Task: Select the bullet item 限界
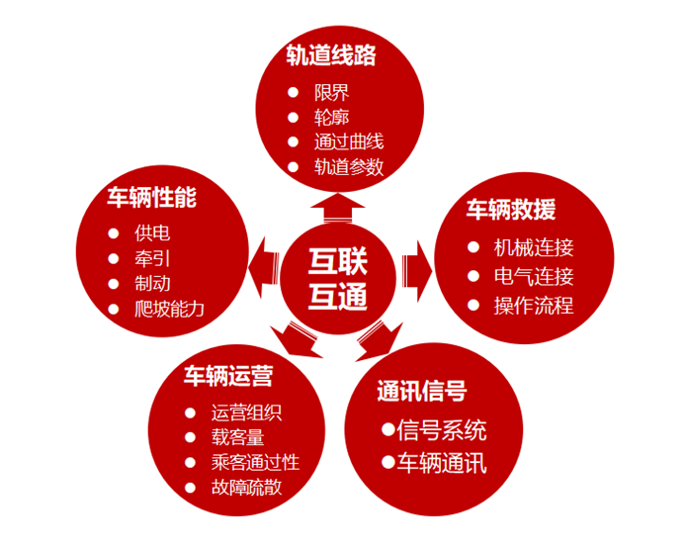tap(331, 94)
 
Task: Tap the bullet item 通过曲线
tap(348, 141)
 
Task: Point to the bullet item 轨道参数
tap(348, 166)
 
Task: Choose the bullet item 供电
tap(152, 235)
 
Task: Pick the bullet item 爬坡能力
tap(169, 309)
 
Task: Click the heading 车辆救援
tap(511, 210)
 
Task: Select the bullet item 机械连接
tap(533, 247)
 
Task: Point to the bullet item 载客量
tap(237, 437)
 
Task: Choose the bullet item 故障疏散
tap(246, 488)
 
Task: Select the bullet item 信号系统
tap(442, 430)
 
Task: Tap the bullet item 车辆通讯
tap(442, 462)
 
